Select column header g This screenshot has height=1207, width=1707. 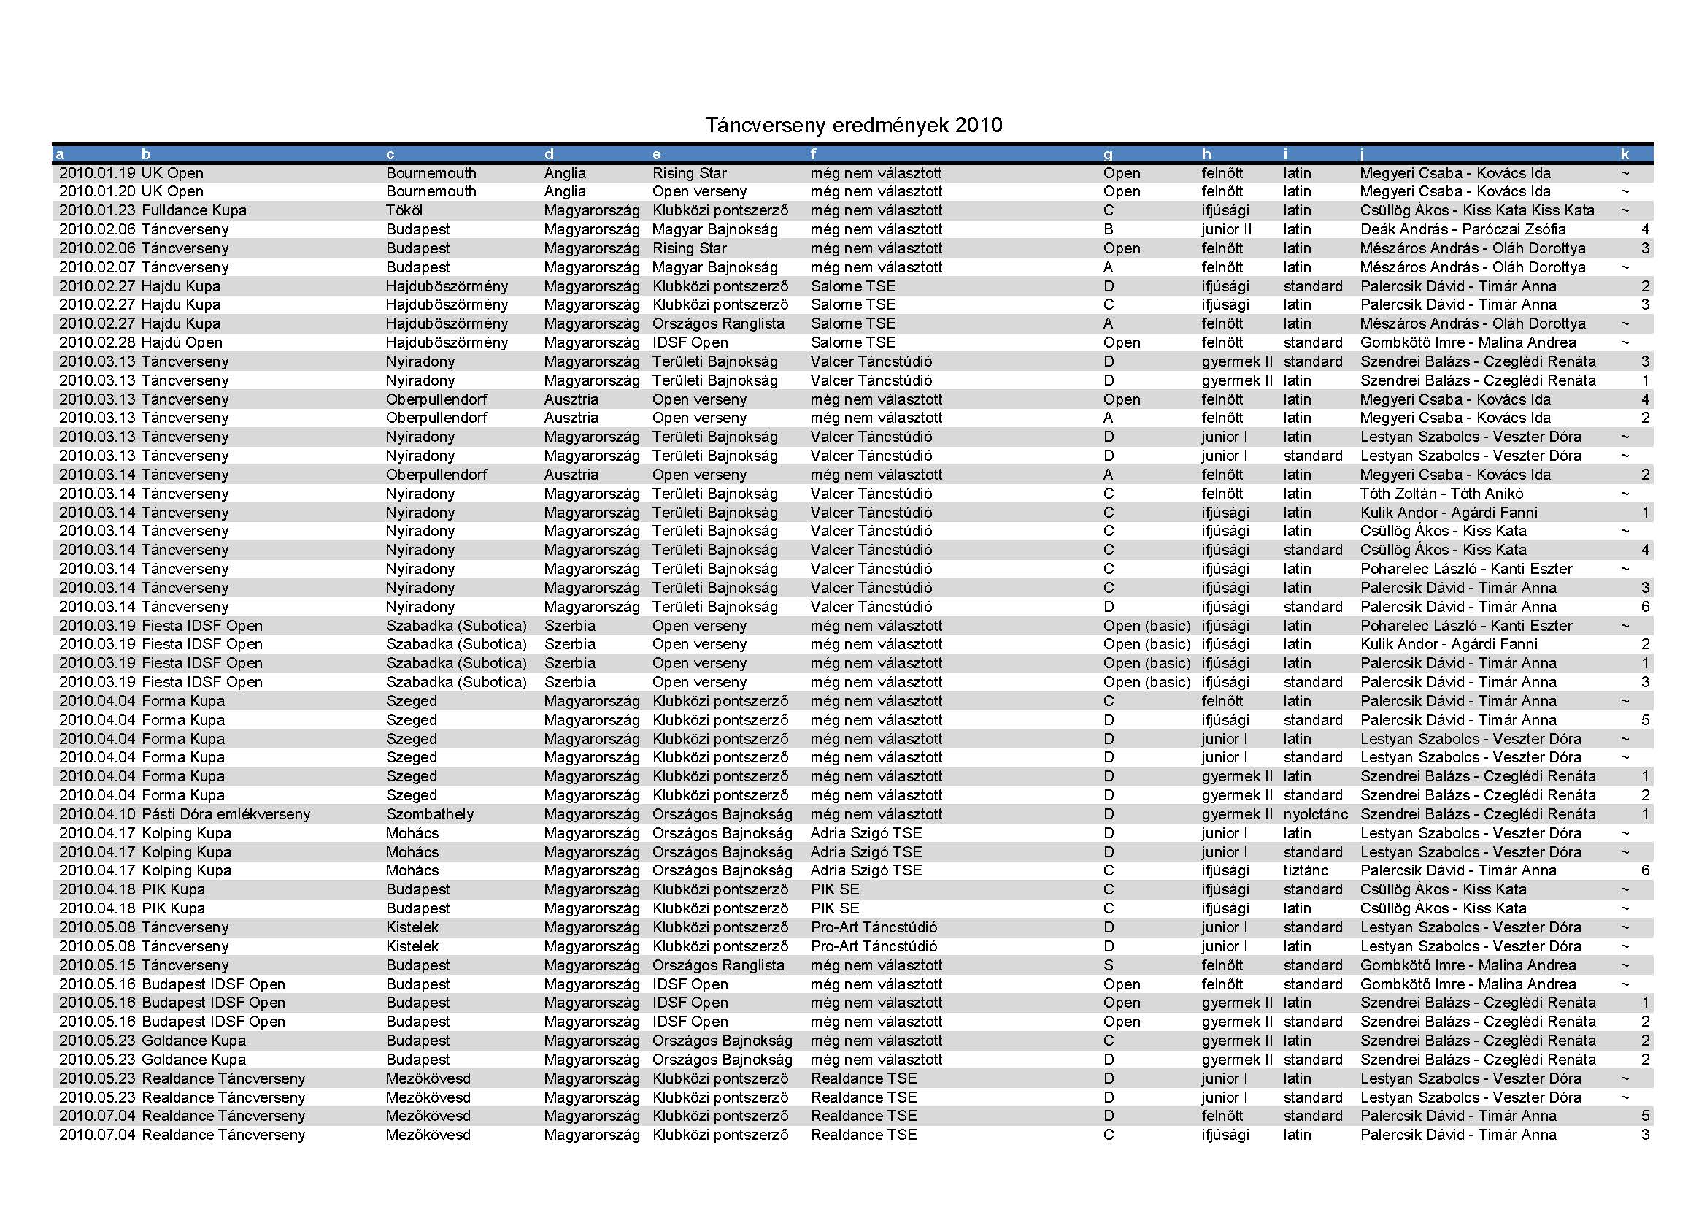pos(1108,155)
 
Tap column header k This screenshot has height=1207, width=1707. pos(1625,155)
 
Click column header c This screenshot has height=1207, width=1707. pos(390,155)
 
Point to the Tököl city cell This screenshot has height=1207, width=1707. pos(404,210)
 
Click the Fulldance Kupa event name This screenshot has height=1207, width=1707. pos(193,210)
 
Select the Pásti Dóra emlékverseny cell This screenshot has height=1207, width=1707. pos(226,814)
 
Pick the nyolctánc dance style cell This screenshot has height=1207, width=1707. pos(1315,814)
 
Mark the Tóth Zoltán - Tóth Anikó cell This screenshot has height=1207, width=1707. pos(1441,494)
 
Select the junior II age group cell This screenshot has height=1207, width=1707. pos(1226,230)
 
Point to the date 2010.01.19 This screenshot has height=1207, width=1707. pos(98,173)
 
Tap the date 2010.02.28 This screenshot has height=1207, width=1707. pos(98,343)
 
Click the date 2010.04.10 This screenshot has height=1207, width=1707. pos(98,814)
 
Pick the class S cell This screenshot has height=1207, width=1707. pos(1109,965)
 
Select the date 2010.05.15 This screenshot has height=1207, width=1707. pos(98,965)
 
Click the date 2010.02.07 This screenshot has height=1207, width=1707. pos(98,268)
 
